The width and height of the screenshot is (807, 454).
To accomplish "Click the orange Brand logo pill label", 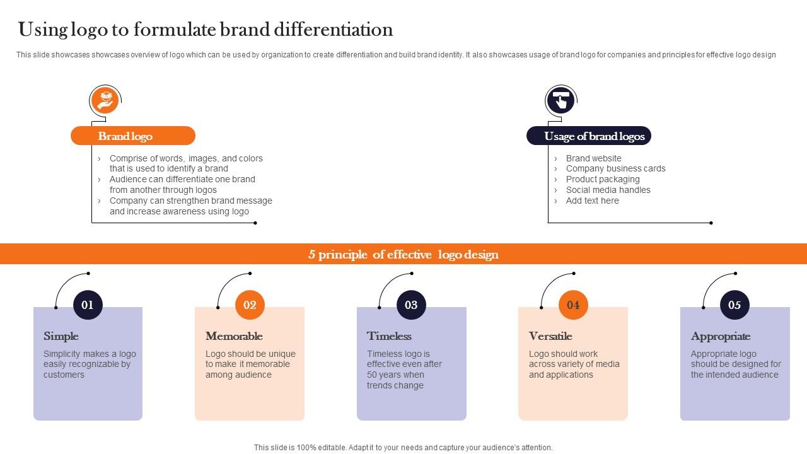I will (132, 136).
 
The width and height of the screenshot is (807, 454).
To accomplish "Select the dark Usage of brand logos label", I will (589, 136).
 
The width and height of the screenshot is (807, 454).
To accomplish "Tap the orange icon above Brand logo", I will (105, 100).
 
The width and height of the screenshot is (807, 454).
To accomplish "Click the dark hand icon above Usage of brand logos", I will (560, 100).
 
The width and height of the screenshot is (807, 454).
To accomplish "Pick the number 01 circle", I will (88, 305).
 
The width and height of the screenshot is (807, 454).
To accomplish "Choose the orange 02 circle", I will (250, 305).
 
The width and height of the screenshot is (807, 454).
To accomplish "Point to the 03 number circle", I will (411, 305).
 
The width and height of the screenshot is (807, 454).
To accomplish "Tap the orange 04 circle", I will (573, 305).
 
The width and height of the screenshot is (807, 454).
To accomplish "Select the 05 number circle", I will (734, 305).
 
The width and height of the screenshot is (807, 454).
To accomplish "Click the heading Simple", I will (61, 336).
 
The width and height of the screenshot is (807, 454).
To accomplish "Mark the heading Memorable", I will (234, 336).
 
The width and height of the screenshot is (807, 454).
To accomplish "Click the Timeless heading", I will (389, 336).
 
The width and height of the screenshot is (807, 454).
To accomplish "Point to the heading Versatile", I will (550, 336).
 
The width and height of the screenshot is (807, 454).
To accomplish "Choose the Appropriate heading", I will (721, 336).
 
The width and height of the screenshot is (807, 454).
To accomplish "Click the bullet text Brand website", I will (593, 158).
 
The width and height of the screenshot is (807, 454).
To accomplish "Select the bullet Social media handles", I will (608, 190).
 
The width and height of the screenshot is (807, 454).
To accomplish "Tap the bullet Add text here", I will (592, 201).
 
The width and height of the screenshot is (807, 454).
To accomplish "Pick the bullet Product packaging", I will (603, 179).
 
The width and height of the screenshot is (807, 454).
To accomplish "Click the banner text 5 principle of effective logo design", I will (403, 254).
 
